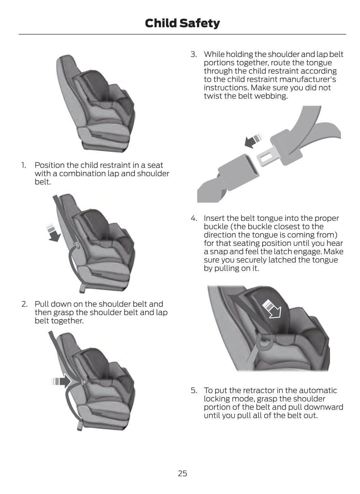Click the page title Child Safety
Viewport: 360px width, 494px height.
[x=182, y=24]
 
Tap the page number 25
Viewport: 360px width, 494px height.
[x=182, y=473]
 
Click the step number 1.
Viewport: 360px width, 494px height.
[x=24, y=165]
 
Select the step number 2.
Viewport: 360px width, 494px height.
[x=24, y=304]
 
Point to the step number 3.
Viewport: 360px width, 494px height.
[x=193, y=54]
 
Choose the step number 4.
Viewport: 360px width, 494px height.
[x=194, y=218]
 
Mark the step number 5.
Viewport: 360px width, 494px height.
[x=194, y=390]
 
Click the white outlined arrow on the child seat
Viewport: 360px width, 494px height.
[x=272, y=309]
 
